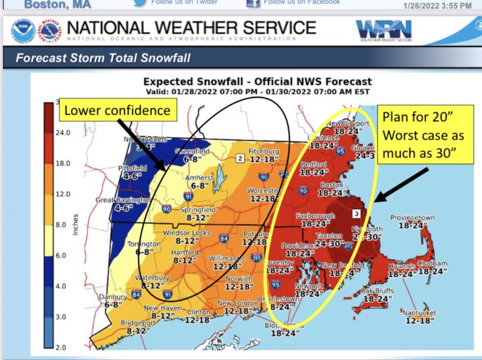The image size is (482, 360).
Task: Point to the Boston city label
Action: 332,185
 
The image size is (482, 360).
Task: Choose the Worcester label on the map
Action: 263,190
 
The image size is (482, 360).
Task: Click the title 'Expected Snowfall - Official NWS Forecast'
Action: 258,82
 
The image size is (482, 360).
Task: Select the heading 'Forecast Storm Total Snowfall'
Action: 103,58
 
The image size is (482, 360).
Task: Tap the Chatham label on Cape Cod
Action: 432,263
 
